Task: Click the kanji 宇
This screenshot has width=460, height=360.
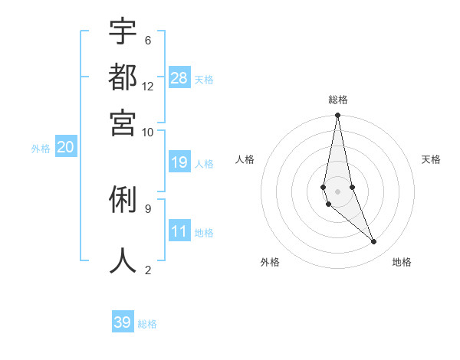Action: pyautogui.click(x=123, y=31)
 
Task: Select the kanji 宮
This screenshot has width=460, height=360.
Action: pyautogui.click(x=123, y=122)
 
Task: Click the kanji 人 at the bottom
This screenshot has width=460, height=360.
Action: pyautogui.click(x=123, y=260)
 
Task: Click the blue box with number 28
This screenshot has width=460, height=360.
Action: pyautogui.click(x=179, y=77)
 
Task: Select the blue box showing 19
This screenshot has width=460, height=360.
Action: pyautogui.click(x=179, y=162)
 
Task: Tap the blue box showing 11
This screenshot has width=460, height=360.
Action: pyautogui.click(x=179, y=231)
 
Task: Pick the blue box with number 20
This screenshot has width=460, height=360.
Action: pyautogui.click(x=65, y=148)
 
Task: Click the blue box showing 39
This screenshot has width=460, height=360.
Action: pyautogui.click(x=123, y=322)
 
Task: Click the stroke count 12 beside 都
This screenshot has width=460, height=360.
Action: pyautogui.click(x=148, y=86)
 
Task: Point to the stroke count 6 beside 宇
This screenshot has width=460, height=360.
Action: pyautogui.click(x=147, y=40)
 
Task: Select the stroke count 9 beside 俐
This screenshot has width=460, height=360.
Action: pyautogui.click(x=147, y=208)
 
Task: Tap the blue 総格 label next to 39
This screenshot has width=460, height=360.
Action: pyautogui.click(x=147, y=324)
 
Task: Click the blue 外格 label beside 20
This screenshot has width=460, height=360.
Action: pyautogui.click(x=41, y=149)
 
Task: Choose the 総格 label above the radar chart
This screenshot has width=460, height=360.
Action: pyautogui.click(x=337, y=100)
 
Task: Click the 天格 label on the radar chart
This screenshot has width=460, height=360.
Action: pyautogui.click(x=431, y=159)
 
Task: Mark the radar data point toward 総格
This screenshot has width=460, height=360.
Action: pyautogui.click(x=337, y=116)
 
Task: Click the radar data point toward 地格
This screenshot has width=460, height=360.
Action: pyautogui.click(x=374, y=242)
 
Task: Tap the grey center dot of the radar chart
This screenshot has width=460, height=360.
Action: pyautogui.click(x=337, y=191)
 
